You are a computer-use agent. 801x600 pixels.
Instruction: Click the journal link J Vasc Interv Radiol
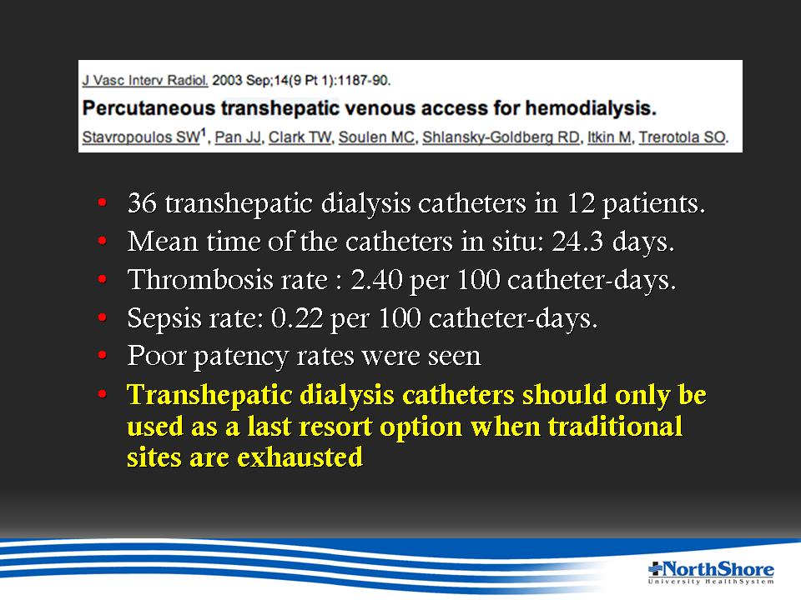tap(145, 81)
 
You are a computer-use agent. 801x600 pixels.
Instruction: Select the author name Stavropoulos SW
tap(141, 137)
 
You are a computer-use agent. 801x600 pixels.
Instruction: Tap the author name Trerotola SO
tap(682, 137)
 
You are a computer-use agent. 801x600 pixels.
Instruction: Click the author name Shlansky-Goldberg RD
tap(501, 137)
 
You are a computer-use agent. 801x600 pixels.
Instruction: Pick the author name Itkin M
tap(609, 137)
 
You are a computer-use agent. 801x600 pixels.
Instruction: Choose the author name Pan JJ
tap(238, 137)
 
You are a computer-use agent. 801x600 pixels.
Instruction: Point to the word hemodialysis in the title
tap(591, 108)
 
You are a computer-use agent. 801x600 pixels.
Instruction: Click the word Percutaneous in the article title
tap(149, 108)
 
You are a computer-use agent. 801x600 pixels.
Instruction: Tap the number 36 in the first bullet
tap(142, 203)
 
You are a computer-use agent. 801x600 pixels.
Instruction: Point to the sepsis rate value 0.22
tap(297, 318)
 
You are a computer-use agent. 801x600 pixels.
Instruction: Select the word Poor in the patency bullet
tap(156, 356)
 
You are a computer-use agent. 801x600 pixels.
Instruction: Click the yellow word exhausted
tap(300, 457)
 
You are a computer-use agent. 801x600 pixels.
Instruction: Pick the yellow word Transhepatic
tap(209, 395)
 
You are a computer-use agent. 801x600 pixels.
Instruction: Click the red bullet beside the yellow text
tap(103, 394)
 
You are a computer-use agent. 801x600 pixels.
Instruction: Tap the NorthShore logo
tap(711, 572)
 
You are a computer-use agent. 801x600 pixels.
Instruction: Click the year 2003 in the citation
tap(227, 81)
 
